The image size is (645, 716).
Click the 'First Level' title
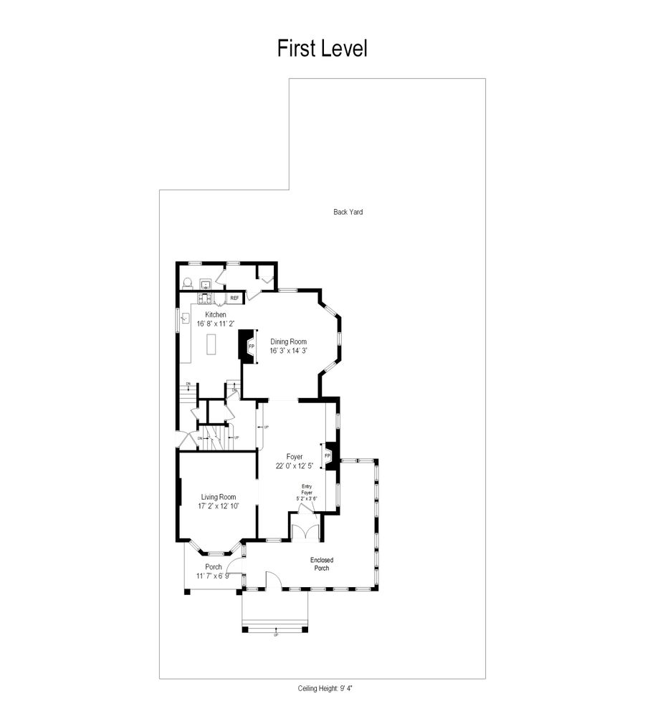(322, 49)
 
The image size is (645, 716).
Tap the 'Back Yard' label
(348, 212)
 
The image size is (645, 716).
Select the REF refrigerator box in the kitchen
(234, 297)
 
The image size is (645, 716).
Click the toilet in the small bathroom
(188, 283)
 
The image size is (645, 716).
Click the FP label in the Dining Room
(251, 347)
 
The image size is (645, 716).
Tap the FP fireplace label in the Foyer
(328, 455)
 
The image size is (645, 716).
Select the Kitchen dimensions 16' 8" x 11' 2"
(216, 324)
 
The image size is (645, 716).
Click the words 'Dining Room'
(288, 342)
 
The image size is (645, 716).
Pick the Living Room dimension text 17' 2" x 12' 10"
(219, 506)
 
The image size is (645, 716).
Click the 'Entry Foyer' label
(307, 489)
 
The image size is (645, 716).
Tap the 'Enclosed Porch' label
(322, 564)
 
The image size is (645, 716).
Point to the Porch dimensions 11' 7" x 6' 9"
(214, 576)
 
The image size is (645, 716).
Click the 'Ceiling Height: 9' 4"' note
(326, 688)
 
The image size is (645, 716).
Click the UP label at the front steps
(276, 634)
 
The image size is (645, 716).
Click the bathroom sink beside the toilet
(205, 283)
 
